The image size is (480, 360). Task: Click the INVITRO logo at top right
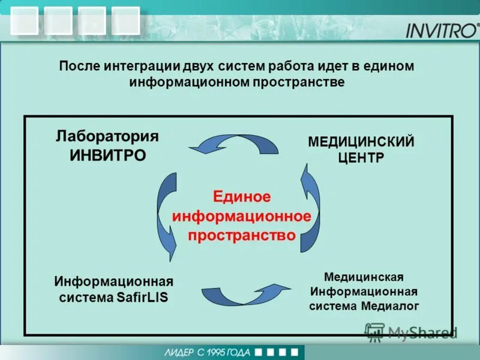click(442, 30)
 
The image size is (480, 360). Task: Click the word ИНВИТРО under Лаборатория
click(107, 155)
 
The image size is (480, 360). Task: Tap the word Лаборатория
click(107, 136)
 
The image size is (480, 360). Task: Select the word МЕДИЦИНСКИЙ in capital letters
click(361, 142)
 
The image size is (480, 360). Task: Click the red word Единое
click(242, 197)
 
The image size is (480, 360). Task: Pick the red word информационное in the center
click(242, 216)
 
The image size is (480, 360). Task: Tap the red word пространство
click(242, 235)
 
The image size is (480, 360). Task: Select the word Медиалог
click(390, 306)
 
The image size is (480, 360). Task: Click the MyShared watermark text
click(422, 332)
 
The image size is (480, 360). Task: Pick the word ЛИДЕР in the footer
click(178, 352)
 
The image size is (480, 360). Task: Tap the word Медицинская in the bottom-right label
click(363, 277)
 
